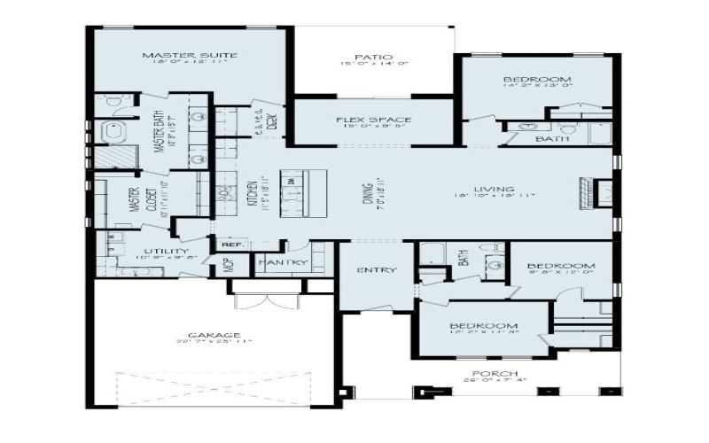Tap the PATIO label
373,56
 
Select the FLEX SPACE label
373,119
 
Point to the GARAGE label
214,334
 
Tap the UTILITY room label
166,252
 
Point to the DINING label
367,193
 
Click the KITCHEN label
254,194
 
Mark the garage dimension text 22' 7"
191,342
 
